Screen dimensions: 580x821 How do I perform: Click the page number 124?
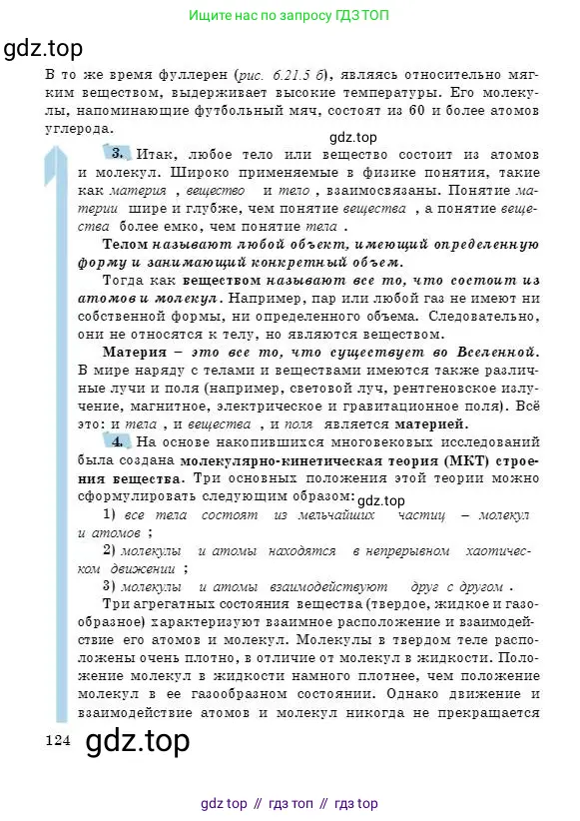pyautogui.click(x=59, y=739)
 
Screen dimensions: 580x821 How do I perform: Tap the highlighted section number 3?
pyautogui.click(x=117, y=153)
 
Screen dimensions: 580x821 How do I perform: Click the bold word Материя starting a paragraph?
pyautogui.click(x=136, y=352)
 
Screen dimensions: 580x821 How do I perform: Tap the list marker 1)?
pyautogui.click(x=112, y=514)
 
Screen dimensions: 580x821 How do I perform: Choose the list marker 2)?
pyautogui.click(x=112, y=550)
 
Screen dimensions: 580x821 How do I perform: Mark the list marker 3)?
pyautogui.click(x=112, y=586)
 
